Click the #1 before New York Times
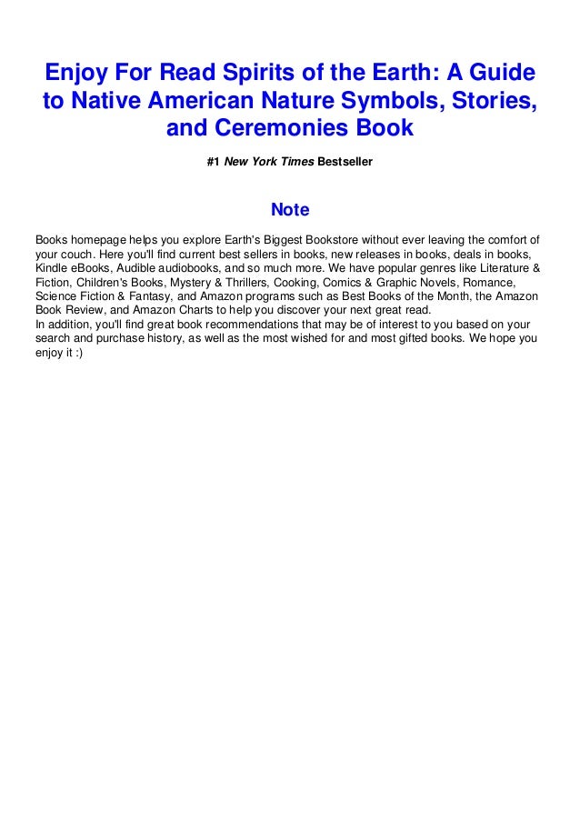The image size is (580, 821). tap(214, 163)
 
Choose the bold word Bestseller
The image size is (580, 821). tap(345, 163)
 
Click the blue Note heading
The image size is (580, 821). tap(290, 211)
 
